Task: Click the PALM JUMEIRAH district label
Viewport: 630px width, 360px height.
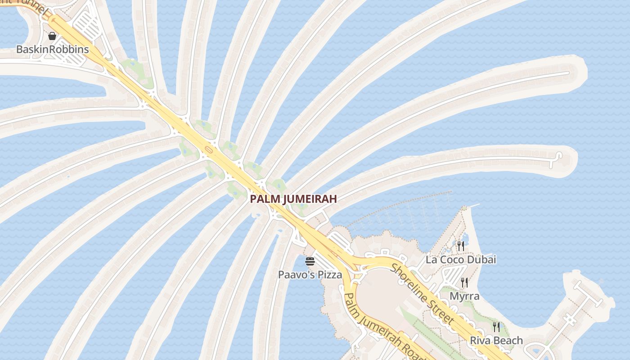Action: tap(293, 198)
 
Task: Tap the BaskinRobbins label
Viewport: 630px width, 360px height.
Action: tap(52, 49)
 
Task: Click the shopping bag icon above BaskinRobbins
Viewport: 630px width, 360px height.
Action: tap(52, 36)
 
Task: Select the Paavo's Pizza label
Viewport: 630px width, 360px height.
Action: tap(310, 274)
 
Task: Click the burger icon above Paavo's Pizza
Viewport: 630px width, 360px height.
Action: tap(310, 261)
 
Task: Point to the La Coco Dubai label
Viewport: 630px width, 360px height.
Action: tap(461, 260)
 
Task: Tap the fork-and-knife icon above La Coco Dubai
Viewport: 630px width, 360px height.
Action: tap(460, 246)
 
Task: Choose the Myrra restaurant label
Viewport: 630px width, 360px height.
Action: tap(464, 296)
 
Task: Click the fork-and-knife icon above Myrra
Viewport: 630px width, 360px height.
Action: tap(464, 283)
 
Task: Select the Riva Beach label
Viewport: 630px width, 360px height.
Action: tap(496, 340)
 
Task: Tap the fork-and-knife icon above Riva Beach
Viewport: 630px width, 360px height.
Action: tap(496, 327)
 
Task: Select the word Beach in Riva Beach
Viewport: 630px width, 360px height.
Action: tap(508, 340)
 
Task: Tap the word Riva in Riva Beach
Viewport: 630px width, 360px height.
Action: tap(480, 340)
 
